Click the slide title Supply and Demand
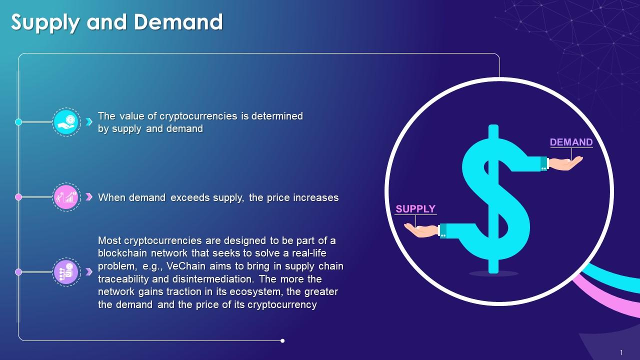tap(117, 22)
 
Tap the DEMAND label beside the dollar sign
tap(571, 142)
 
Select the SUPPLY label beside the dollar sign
tap(415, 209)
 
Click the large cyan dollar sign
tap(494, 200)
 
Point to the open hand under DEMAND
tap(566, 163)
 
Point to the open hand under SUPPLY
tap(421, 230)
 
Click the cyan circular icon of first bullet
tap(66, 122)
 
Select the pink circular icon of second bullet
tap(66, 197)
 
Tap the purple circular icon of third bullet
tap(66, 272)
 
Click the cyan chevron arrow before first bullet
tap(89, 122)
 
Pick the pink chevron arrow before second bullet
tap(89, 197)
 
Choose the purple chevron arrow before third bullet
tap(89, 272)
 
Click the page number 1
tap(621, 352)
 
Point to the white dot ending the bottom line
tap(282, 341)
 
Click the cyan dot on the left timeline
tap(18, 122)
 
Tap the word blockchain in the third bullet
tap(120, 253)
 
